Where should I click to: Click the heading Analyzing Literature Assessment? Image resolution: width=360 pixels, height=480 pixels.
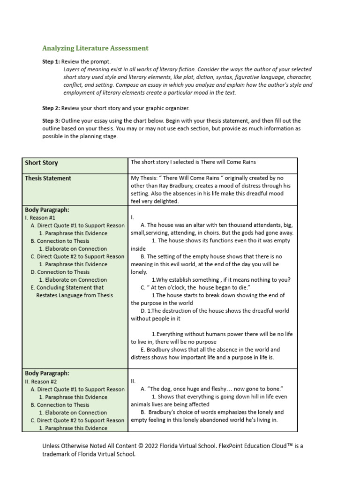point(95,48)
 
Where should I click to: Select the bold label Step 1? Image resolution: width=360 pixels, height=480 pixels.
point(51,61)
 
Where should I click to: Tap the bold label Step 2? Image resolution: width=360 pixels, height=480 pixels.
point(51,108)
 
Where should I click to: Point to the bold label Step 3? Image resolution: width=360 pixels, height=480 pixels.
point(51,120)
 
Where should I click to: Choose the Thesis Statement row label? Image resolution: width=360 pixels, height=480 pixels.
point(48,178)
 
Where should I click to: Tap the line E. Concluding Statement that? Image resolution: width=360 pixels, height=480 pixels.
point(67,287)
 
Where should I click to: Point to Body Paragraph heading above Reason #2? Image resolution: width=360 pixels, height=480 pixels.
point(47,373)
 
